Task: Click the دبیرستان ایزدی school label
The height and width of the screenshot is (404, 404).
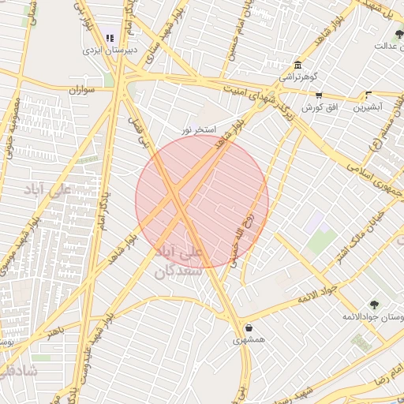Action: pyautogui.click(x=110, y=49)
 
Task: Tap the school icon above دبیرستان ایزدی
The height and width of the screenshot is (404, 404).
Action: pyautogui.click(x=110, y=38)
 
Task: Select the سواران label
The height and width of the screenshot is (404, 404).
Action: pyautogui.click(x=81, y=90)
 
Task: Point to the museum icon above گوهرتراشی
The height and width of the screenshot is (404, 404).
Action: pyautogui.click(x=297, y=65)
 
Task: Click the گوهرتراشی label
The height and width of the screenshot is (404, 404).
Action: pyautogui.click(x=297, y=78)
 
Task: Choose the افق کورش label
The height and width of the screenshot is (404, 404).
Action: pyautogui.click(x=319, y=106)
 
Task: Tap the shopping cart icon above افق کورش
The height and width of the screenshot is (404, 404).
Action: pyautogui.click(x=319, y=94)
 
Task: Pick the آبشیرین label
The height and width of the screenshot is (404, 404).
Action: pyautogui.click(x=368, y=106)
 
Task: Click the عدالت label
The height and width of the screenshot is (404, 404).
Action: pyautogui.click(x=390, y=46)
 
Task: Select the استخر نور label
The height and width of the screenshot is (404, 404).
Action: pyautogui.click(x=198, y=129)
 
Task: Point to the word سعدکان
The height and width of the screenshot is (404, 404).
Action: pyautogui.click(x=180, y=271)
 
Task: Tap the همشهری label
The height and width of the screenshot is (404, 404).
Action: pyautogui.click(x=249, y=341)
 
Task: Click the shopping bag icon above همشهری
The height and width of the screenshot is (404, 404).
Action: pyautogui.click(x=249, y=328)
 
